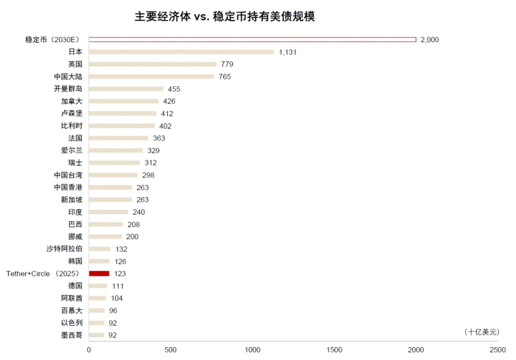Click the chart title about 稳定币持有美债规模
[225, 17]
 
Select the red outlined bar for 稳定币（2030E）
[252, 39]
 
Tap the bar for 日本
[181, 52]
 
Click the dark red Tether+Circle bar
[99, 273]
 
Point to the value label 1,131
[288, 52]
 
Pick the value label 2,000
[430, 40]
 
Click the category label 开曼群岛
[68, 88]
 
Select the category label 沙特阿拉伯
[64, 249]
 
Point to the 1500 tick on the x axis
[334, 350]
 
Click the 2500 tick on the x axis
[498, 350]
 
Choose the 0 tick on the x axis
[89, 350]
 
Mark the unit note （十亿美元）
[481, 332]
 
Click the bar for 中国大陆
[151, 76]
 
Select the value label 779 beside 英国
[227, 64]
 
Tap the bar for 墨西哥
[96, 335]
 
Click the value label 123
[120, 273]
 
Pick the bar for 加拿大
[124, 101]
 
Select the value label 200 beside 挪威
[132, 237]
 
